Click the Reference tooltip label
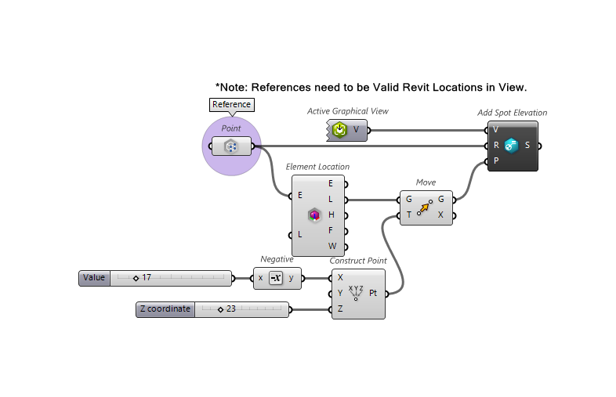(232, 104)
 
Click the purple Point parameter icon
(231, 146)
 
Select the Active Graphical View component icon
(339, 129)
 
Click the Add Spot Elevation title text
(512, 113)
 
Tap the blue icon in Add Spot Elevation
(512, 145)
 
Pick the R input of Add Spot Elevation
(496, 145)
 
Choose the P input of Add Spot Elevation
(496, 161)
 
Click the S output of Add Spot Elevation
(527, 145)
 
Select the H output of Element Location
(332, 215)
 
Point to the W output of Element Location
(332, 246)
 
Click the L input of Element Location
(300, 234)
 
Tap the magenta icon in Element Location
(315, 215)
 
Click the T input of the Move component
(409, 215)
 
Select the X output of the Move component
(440, 215)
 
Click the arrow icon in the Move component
(424, 208)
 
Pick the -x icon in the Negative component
(275, 278)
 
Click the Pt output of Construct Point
(373, 294)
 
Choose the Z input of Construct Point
(340, 309)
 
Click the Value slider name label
(94, 278)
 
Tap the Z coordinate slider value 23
(230, 309)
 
